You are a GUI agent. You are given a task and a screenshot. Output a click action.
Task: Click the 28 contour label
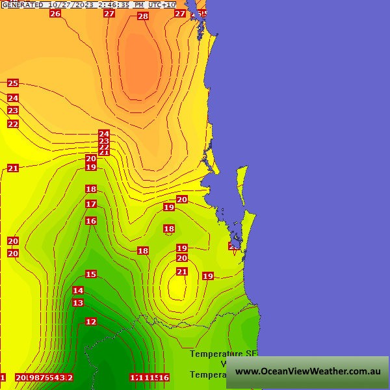tap(143, 16)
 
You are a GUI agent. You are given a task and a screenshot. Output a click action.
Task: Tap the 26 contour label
tap(55, 14)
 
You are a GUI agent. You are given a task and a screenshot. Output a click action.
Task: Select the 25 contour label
tap(13, 83)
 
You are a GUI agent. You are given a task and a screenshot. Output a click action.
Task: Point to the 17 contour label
tap(91, 204)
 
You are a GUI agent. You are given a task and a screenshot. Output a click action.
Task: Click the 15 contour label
tap(91, 274)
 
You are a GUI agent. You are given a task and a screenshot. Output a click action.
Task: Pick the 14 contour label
tap(78, 291)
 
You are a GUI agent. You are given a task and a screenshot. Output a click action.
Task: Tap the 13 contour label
tap(78, 303)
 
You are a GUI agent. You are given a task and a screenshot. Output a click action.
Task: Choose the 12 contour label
tap(91, 322)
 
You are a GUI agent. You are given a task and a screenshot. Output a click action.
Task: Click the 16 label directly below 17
tap(91, 221)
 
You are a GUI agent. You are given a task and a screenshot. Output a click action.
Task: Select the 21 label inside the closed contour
tap(182, 272)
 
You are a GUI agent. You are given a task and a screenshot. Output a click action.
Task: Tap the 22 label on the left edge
tap(13, 124)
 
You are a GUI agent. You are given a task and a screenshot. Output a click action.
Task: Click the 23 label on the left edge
tap(13, 111)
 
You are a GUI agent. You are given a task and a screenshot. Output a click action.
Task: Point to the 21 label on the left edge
tap(13, 168)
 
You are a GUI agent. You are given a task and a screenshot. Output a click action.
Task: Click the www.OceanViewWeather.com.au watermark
tap(307, 372)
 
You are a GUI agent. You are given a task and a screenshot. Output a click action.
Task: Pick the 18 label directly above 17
tap(91, 189)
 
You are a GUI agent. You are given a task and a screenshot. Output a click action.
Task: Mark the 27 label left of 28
tap(109, 14)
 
